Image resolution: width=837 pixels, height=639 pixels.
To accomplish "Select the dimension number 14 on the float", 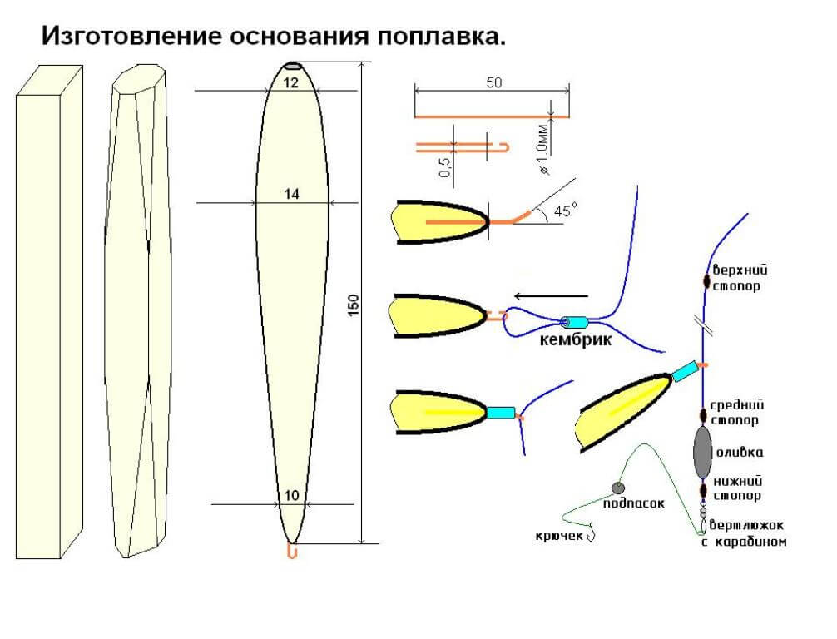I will click(x=290, y=194).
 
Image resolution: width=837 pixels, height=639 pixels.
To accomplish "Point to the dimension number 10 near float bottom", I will click(x=290, y=495).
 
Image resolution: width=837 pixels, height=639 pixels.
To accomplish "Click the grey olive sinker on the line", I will click(x=703, y=450).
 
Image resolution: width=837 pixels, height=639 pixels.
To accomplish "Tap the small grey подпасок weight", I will click(x=617, y=488).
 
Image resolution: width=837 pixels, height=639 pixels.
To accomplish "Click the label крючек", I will click(x=558, y=535).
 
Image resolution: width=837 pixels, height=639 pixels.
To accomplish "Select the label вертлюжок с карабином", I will click(x=746, y=533).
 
